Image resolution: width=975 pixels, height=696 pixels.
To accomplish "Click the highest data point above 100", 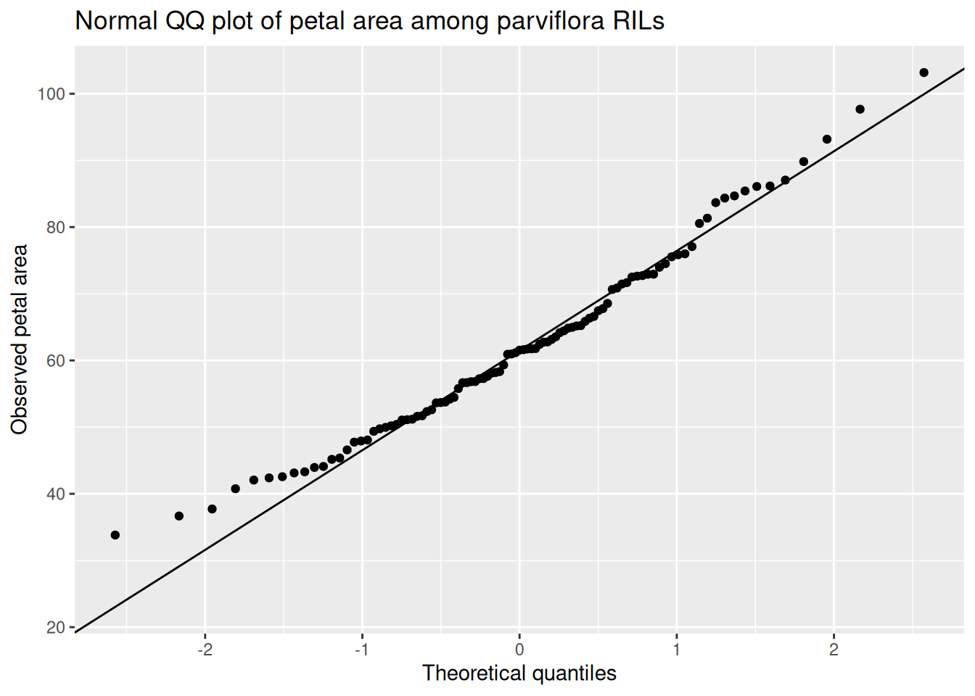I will (x=923, y=72).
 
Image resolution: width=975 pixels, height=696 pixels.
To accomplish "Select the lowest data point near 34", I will (x=115, y=535).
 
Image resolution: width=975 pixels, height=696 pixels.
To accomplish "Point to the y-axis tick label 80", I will (x=55, y=228).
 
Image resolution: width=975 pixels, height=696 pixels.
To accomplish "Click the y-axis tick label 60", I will (x=55, y=361).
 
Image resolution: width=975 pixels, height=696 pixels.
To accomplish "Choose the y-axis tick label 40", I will (x=55, y=494).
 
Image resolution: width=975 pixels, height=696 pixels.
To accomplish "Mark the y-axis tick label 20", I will (x=55, y=628).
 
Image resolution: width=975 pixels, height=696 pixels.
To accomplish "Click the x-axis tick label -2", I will (x=205, y=649).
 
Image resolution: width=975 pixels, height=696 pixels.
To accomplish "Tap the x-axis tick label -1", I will (x=361, y=649).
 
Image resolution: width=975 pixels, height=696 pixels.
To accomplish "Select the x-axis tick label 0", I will (x=519, y=649).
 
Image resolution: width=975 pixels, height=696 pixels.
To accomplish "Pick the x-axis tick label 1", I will (x=677, y=649).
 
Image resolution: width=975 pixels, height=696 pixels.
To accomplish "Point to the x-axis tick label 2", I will (x=834, y=649).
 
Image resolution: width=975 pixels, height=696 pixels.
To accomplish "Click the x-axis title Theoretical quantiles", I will (x=519, y=674).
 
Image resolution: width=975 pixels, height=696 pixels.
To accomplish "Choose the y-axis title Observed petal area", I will (x=20, y=339).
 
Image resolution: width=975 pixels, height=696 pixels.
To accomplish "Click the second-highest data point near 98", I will (x=860, y=109).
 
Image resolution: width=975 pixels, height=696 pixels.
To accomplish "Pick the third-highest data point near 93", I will (x=827, y=139).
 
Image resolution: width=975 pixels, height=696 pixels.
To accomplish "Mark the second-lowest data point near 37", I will (x=179, y=516).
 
